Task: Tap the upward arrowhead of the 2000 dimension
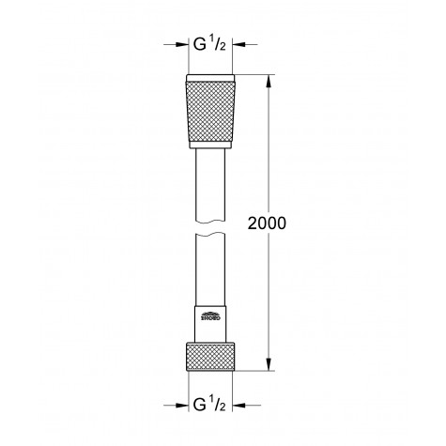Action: point(270,78)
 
